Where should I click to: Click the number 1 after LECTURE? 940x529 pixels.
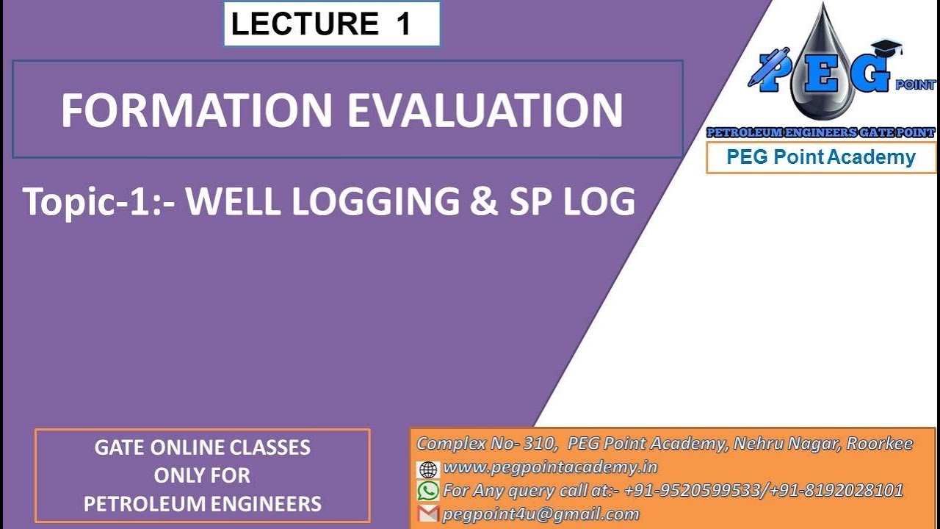coord(403,24)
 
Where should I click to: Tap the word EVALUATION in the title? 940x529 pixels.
coord(485,110)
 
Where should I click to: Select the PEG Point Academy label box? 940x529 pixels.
coord(820,157)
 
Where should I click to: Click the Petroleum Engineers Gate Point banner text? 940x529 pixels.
coord(820,132)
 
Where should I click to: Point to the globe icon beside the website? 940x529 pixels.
coord(427,469)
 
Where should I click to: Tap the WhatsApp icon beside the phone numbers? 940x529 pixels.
coord(427,491)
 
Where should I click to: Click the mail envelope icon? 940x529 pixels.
coord(427,514)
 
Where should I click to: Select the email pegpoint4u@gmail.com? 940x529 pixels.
coord(540,514)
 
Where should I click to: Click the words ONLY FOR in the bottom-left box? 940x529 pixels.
coord(202,475)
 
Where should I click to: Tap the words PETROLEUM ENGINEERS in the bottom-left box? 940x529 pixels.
coord(202,504)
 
